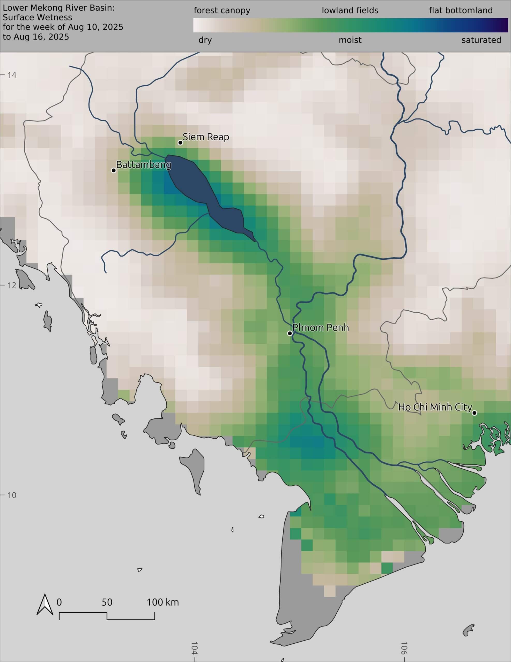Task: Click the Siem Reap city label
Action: click(x=206, y=137)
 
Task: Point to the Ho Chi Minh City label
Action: click(x=435, y=407)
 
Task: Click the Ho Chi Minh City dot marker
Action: click(x=475, y=413)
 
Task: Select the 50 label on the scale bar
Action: click(x=107, y=602)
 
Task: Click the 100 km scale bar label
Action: click(x=162, y=602)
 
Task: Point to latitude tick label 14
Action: click(x=12, y=75)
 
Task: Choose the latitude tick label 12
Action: click(x=12, y=285)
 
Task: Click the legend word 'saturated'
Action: click(x=481, y=40)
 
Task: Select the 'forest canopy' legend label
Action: click(x=222, y=11)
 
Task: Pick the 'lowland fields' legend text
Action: click(x=350, y=11)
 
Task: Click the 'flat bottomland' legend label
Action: click(x=461, y=11)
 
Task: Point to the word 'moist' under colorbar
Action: click(x=350, y=40)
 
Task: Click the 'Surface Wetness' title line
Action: click(x=38, y=18)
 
